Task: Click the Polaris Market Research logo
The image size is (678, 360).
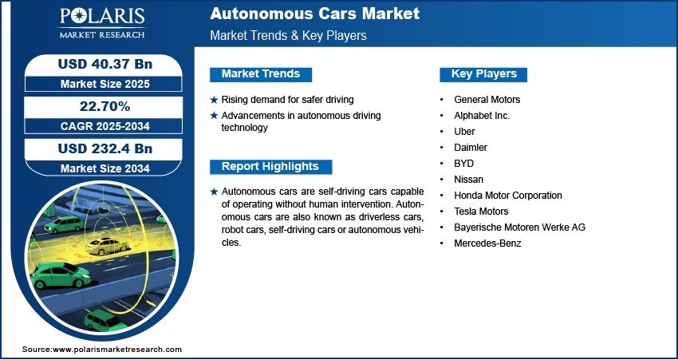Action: click(102, 23)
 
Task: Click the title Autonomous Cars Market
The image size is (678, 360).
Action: click(315, 14)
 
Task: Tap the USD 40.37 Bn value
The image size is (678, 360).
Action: click(105, 64)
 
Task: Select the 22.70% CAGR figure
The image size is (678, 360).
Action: click(104, 106)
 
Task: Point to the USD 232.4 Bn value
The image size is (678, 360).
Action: click(105, 148)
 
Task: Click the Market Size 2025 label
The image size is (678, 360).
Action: click(105, 84)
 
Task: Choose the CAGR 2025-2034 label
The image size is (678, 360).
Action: click(105, 126)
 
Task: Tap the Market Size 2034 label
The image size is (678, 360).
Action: click(105, 168)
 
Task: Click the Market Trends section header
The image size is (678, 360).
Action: click(261, 74)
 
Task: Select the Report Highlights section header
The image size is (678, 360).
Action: click(270, 167)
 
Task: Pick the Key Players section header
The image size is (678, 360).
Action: click(483, 74)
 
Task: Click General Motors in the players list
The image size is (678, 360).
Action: click(487, 100)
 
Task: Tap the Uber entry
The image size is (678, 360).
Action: click(464, 132)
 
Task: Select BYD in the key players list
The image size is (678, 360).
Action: click(464, 164)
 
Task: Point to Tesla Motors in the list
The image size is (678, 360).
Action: click(481, 212)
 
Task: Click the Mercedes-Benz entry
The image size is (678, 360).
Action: click(487, 243)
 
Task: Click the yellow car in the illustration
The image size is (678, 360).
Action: click(106, 246)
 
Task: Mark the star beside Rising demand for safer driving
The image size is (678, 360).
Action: click(214, 100)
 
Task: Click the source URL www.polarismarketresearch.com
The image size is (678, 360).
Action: click(117, 350)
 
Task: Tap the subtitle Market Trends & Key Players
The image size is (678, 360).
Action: click(289, 35)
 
